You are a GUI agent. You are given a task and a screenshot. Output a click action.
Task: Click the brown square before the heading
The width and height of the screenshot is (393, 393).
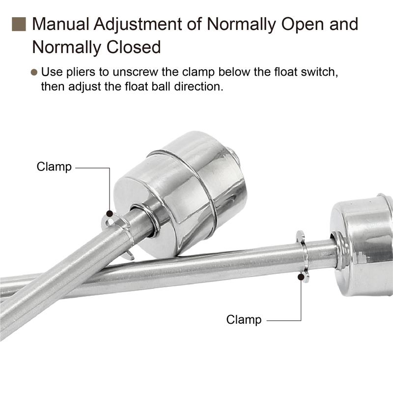tap(19, 23)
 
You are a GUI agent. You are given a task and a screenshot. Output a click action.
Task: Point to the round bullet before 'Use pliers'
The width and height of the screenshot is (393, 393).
tap(34, 72)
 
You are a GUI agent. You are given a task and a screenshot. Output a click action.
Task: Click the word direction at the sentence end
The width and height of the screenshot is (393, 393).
tap(198, 87)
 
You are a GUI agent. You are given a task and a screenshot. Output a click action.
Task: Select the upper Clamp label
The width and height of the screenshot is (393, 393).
tap(54, 167)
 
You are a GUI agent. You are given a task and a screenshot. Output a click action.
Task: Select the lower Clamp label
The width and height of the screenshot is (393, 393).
tap(244, 320)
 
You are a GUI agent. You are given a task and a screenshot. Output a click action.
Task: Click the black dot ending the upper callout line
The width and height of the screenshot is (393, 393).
tap(110, 214)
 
